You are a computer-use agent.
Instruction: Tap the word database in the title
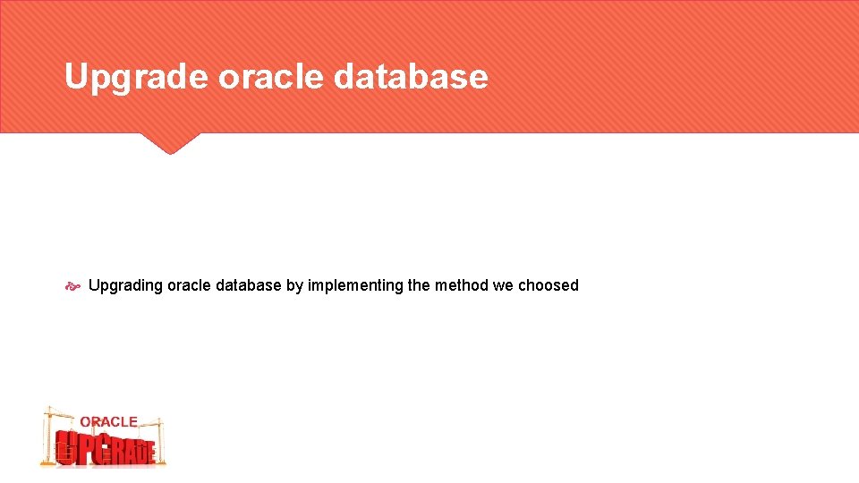click(x=411, y=78)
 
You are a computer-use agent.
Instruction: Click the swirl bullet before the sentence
click(x=73, y=286)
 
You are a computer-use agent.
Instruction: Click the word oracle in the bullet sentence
click(x=189, y=285)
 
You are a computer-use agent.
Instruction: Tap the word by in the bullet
click(x=294, y=285)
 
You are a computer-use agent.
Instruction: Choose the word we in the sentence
click(x=503, y=285)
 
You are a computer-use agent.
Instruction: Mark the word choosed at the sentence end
click(x=549, y=285)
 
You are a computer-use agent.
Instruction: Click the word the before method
click(x=419, y=285)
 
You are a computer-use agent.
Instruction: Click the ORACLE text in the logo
click(x=108, y=421)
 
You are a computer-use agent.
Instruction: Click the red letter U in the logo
click(x=64, y=448)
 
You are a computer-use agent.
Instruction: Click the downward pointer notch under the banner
click(x=169, y=144)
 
